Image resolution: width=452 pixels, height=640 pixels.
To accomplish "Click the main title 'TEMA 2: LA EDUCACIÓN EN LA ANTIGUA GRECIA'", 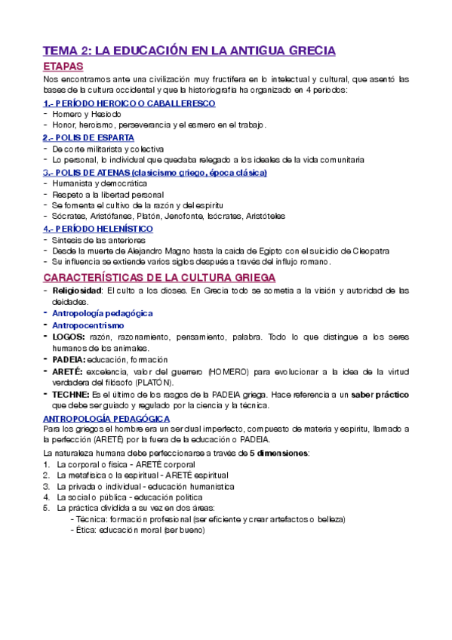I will coord(189,51).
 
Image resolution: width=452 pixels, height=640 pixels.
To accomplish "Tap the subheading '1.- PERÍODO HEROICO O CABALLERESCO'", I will coord(129,103).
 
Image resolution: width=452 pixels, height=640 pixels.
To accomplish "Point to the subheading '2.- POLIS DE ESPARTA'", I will coord(89,137).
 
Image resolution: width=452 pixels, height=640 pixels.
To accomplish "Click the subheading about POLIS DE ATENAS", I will coord(155,172).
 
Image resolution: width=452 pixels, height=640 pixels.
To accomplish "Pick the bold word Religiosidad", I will coord(77,290).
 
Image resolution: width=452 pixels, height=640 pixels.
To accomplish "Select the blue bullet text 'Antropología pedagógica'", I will coord(103,312).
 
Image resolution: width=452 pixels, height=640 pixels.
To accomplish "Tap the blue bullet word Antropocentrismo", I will coord(88,325).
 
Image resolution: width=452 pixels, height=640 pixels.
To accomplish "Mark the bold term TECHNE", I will coord(71,394).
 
